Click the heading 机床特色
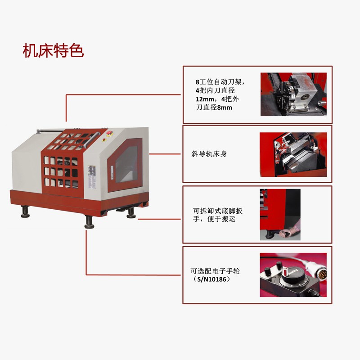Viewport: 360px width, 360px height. pyautogui.click(x=53, y=50)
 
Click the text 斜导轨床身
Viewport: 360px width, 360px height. pyautogui.click(x=209, y=154)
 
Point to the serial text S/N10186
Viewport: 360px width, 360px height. pyautogui.click(x=211, y=279)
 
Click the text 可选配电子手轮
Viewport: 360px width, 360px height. pyautogui.click(x=216, y=271)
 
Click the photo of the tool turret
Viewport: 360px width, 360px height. pyautogui.click(x=292, y=94)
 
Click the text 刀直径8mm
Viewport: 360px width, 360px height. pyautogui.click(x=214, y=108)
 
